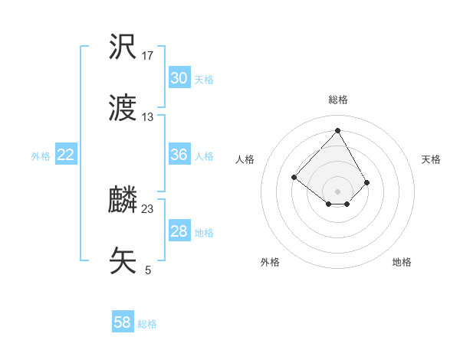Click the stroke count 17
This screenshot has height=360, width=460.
[148, 56]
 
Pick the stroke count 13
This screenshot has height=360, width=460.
[148, 117]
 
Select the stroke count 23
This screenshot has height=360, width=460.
[148, 208]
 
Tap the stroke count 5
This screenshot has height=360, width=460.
[148, 270]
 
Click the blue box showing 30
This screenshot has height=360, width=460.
[179, 78]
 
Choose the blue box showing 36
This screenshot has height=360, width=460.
[179, 155]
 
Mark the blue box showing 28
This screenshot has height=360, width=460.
[179, 231]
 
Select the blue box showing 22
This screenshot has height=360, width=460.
[66, 155]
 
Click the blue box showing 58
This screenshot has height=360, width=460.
[123, 322]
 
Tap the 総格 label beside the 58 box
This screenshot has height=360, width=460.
[147, 324]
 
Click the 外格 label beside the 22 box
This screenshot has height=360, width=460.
[41, 156]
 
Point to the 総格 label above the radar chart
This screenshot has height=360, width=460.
[338, 100]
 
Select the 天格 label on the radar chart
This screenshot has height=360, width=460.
[431, 159]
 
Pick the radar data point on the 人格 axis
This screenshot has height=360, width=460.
[294, 178]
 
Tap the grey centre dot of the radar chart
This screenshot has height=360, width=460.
[338, 191]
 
